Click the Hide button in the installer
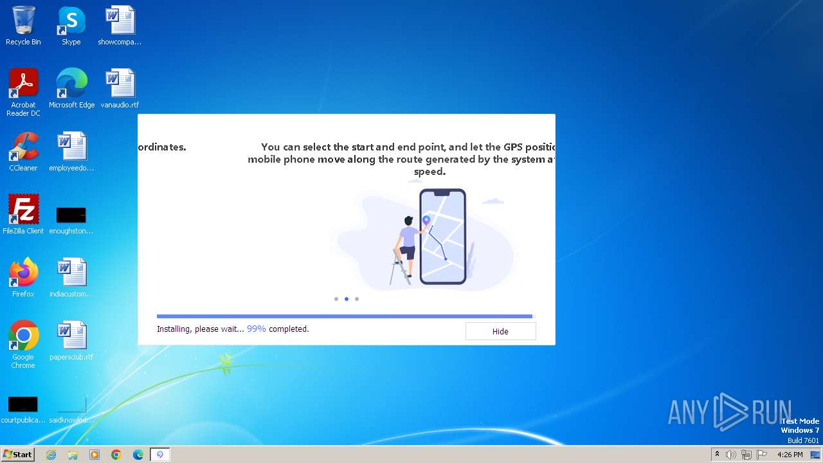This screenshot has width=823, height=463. (x=500, y=331)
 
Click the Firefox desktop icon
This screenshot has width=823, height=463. (x=23, y=273)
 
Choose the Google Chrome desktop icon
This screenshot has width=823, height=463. (x=23, y=336)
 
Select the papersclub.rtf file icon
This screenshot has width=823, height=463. (x=71, y=336)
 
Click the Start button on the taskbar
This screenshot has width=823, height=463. (x=17, y=455)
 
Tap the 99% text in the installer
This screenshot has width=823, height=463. (x=256, y=329)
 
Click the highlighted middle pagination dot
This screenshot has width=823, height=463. (x=347, y=299)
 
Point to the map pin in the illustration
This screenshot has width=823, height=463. (x=426, y=220)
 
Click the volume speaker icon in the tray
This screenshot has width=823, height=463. (x=731, y=455)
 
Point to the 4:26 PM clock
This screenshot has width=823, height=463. (x=790, y=455)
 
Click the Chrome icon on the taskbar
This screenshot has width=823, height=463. (x=116, y=455)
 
